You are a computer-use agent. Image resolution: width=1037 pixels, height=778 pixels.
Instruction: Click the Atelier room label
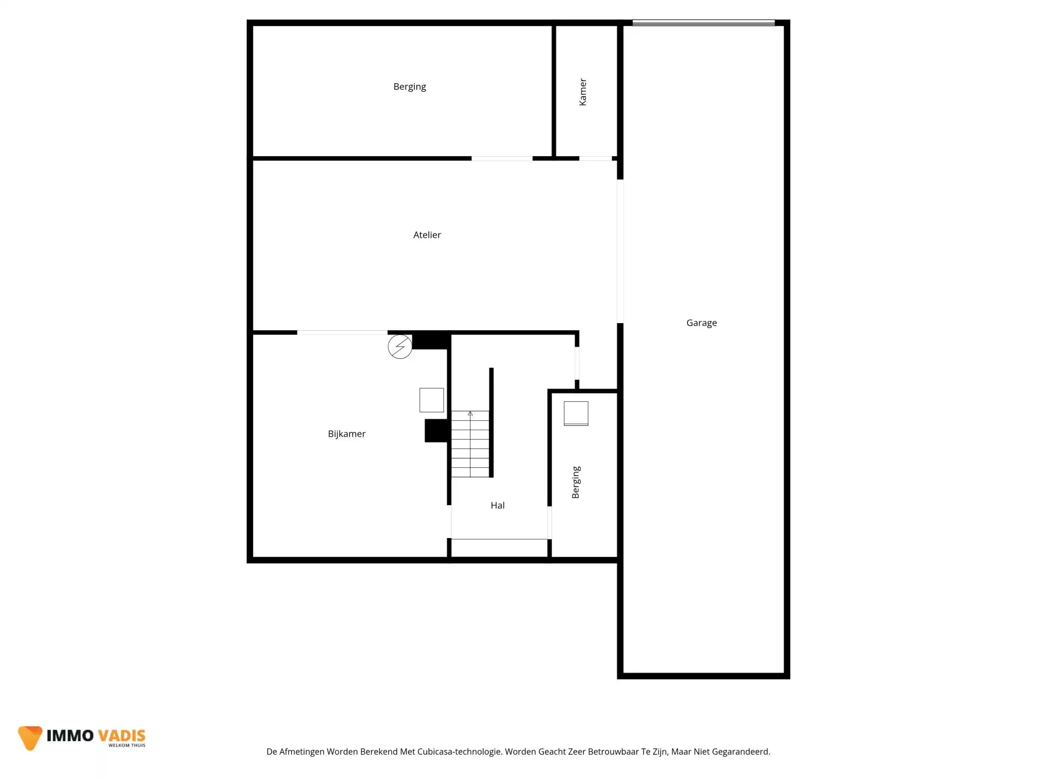tap(427, 235)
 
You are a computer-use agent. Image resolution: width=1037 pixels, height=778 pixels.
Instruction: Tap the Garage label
tap(702, 323)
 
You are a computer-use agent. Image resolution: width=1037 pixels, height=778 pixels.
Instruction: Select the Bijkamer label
tap(347, 434)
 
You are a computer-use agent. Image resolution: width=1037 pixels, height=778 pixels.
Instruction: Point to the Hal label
tap(497, 505)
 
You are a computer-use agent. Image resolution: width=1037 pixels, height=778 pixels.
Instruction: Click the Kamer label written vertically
tap(583, 92)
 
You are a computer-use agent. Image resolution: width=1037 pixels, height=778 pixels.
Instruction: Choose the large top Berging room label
tap(409, 87)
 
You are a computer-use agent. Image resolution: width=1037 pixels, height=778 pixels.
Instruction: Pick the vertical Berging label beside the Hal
tap(576, 482)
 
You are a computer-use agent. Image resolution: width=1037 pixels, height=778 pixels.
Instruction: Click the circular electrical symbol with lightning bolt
tap(400, 346)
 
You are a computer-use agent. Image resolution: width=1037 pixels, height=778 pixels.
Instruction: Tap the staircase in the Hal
tap(470, 444)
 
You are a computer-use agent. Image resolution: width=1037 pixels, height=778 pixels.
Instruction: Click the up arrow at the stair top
tap(470, 414)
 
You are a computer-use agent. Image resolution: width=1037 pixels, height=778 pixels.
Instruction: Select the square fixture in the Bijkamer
tap(432, 400)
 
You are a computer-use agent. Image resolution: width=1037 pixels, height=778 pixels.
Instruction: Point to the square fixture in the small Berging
tap(576, 413)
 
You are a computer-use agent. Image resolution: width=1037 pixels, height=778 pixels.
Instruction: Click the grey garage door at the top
tap(703, 23)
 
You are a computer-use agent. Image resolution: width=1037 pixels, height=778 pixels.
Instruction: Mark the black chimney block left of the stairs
tap(436, 431)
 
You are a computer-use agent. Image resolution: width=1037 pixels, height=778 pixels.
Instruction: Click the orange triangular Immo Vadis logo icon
tap(30, 737)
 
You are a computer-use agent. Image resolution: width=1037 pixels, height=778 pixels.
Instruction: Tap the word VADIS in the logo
tap(122, 735)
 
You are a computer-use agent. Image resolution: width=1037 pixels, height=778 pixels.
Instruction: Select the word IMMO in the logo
tap(70, 735)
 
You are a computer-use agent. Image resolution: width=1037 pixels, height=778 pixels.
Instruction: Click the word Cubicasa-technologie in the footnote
tap(460, 752)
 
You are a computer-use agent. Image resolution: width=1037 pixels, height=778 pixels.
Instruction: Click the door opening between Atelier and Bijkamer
tap(342, 332)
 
